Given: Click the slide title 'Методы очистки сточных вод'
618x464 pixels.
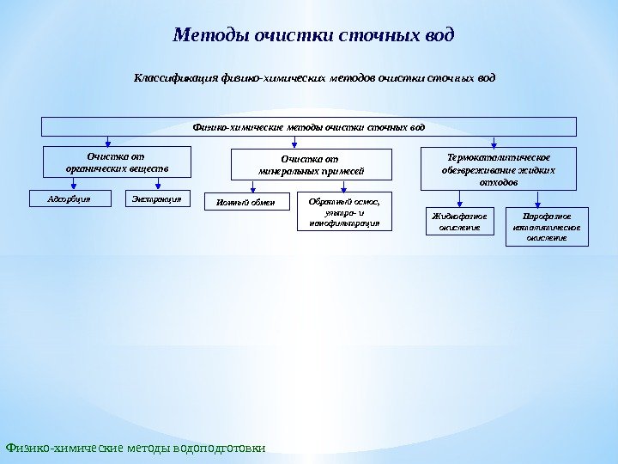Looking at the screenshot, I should tap(313, 36).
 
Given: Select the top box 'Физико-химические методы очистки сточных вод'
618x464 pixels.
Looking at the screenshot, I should tap(309, 127).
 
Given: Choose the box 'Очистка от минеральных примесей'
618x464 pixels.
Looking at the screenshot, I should tap(312, 164).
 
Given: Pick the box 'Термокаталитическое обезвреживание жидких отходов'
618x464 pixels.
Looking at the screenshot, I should tap(499, 169).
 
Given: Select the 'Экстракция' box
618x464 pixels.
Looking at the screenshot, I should tap(157, 198).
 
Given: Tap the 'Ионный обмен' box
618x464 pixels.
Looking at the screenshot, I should tap(246, 202).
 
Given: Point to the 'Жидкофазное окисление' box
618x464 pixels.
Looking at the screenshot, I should tap(460, 222).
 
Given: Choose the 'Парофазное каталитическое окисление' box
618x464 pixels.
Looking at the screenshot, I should tap(547, 226).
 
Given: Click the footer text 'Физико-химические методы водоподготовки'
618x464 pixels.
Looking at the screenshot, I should tap(136, 448).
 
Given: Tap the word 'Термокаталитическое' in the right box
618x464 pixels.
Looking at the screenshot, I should tap(499, 157).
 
